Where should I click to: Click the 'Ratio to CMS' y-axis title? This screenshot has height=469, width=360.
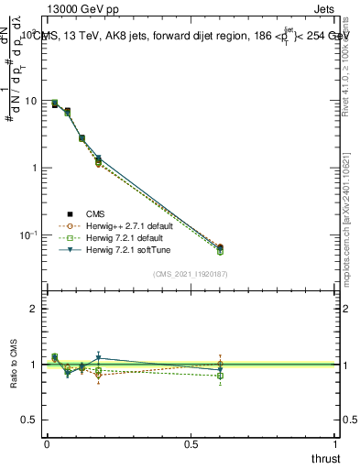(x=16, y=365)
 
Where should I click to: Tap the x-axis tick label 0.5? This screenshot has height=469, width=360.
(x=191, y=444)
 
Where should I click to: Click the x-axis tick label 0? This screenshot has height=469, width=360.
(x=46, y=444)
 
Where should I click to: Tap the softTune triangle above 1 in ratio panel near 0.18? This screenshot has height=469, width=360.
(x=98, y=358)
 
